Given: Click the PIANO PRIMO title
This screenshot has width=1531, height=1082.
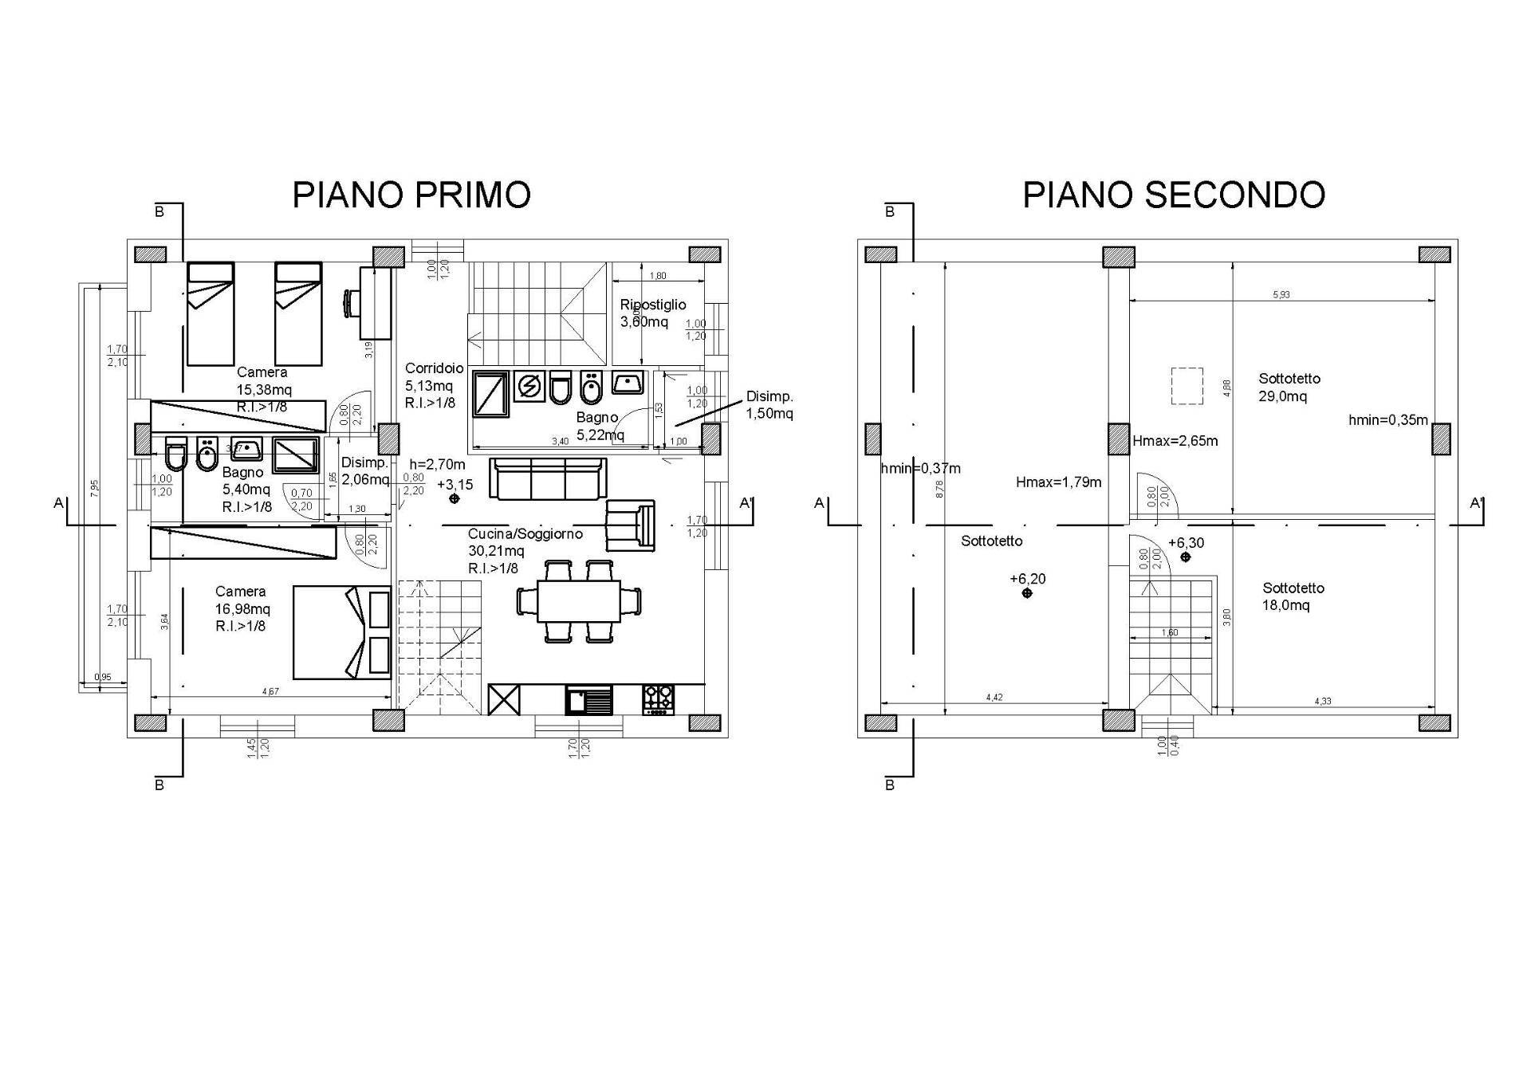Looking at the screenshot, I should click(411, 195).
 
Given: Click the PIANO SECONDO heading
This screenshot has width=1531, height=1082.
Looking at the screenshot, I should click(1174, 195).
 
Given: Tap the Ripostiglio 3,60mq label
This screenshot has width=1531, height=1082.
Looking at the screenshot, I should click(653, 313).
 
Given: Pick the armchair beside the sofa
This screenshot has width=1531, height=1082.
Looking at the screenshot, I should click(630, 525).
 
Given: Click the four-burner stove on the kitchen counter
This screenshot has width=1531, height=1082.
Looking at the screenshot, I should click(658, 699).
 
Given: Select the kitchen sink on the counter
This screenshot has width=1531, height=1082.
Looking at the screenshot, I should click(589, 700).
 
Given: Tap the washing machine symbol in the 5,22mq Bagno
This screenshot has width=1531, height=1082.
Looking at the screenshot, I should click(528, 386).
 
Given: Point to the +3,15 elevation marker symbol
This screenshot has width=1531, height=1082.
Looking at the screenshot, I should click(455, 498).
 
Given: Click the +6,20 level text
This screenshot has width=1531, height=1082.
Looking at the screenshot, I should click(1027, 579).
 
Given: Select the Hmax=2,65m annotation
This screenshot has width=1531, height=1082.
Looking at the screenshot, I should click(1175, 441).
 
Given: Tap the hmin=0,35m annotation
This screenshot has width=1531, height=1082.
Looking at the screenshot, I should click(1387, 420).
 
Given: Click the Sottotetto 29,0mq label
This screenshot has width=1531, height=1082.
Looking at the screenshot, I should click(1289, 388).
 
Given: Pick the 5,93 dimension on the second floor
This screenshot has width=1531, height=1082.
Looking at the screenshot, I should click(1281, 295).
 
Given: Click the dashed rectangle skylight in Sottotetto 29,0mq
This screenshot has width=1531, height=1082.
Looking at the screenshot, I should click(1187, 386).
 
